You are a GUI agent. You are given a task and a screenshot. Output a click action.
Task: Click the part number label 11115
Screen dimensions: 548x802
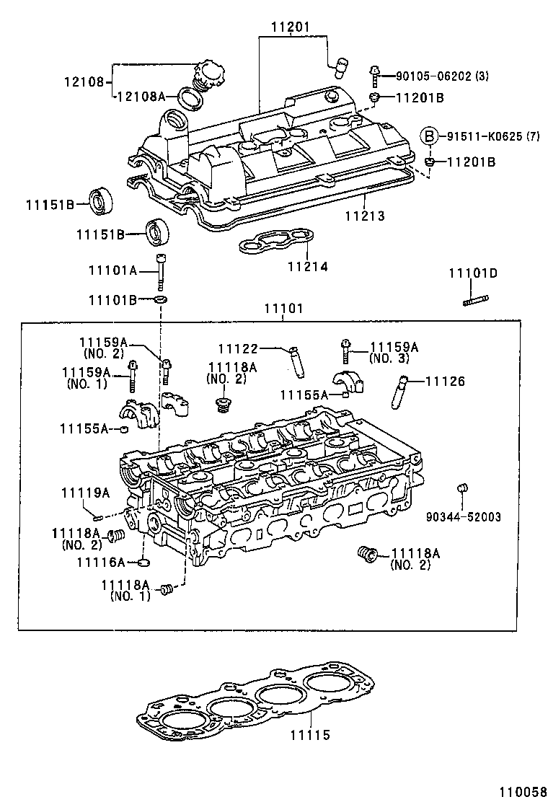pos(310,735)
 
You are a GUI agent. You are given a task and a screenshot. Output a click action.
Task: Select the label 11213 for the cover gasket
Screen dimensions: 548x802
pos(364,216)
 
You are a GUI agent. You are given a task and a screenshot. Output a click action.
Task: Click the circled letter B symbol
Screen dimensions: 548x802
pos(430,136)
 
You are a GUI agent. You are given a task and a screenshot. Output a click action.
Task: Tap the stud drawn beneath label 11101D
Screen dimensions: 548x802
pos(476,300)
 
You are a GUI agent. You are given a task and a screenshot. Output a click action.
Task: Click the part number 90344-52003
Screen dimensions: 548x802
pos(463,516)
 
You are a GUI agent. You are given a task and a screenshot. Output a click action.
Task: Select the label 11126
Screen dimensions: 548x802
pos(445,381)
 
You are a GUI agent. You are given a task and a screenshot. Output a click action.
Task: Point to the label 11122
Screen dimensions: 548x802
pos(238,349)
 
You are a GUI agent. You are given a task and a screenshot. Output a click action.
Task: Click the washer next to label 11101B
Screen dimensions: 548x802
pos(160,298)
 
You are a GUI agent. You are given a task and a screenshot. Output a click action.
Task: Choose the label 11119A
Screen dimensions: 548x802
pos(85,493)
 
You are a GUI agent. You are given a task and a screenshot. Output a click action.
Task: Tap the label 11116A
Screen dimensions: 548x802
pos(101,563)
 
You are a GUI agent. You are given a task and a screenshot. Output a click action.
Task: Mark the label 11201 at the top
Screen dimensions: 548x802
pos(291,27)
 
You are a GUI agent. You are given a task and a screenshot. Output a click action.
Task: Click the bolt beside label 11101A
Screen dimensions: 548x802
pos(161,272)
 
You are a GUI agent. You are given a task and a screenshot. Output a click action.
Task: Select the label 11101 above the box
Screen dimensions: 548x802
pos(283,309)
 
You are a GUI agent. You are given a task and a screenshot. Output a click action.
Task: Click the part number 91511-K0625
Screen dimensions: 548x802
pos(485,136)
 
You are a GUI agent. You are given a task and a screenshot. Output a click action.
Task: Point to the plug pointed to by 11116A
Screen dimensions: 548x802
pos(145,563)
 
